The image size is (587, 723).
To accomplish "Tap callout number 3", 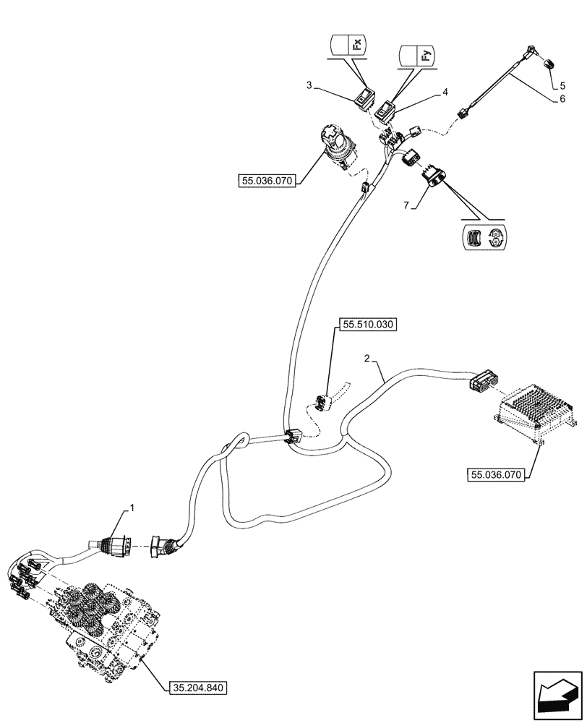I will pyautogui.click(x=309, y=85).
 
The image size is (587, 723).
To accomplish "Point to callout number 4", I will pyautogui.click(x=445, y=93).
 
